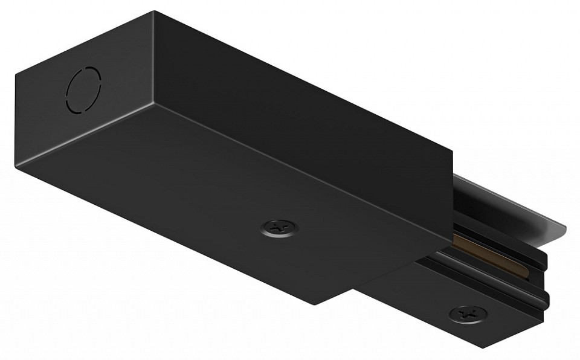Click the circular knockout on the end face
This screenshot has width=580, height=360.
click(84, 91)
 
